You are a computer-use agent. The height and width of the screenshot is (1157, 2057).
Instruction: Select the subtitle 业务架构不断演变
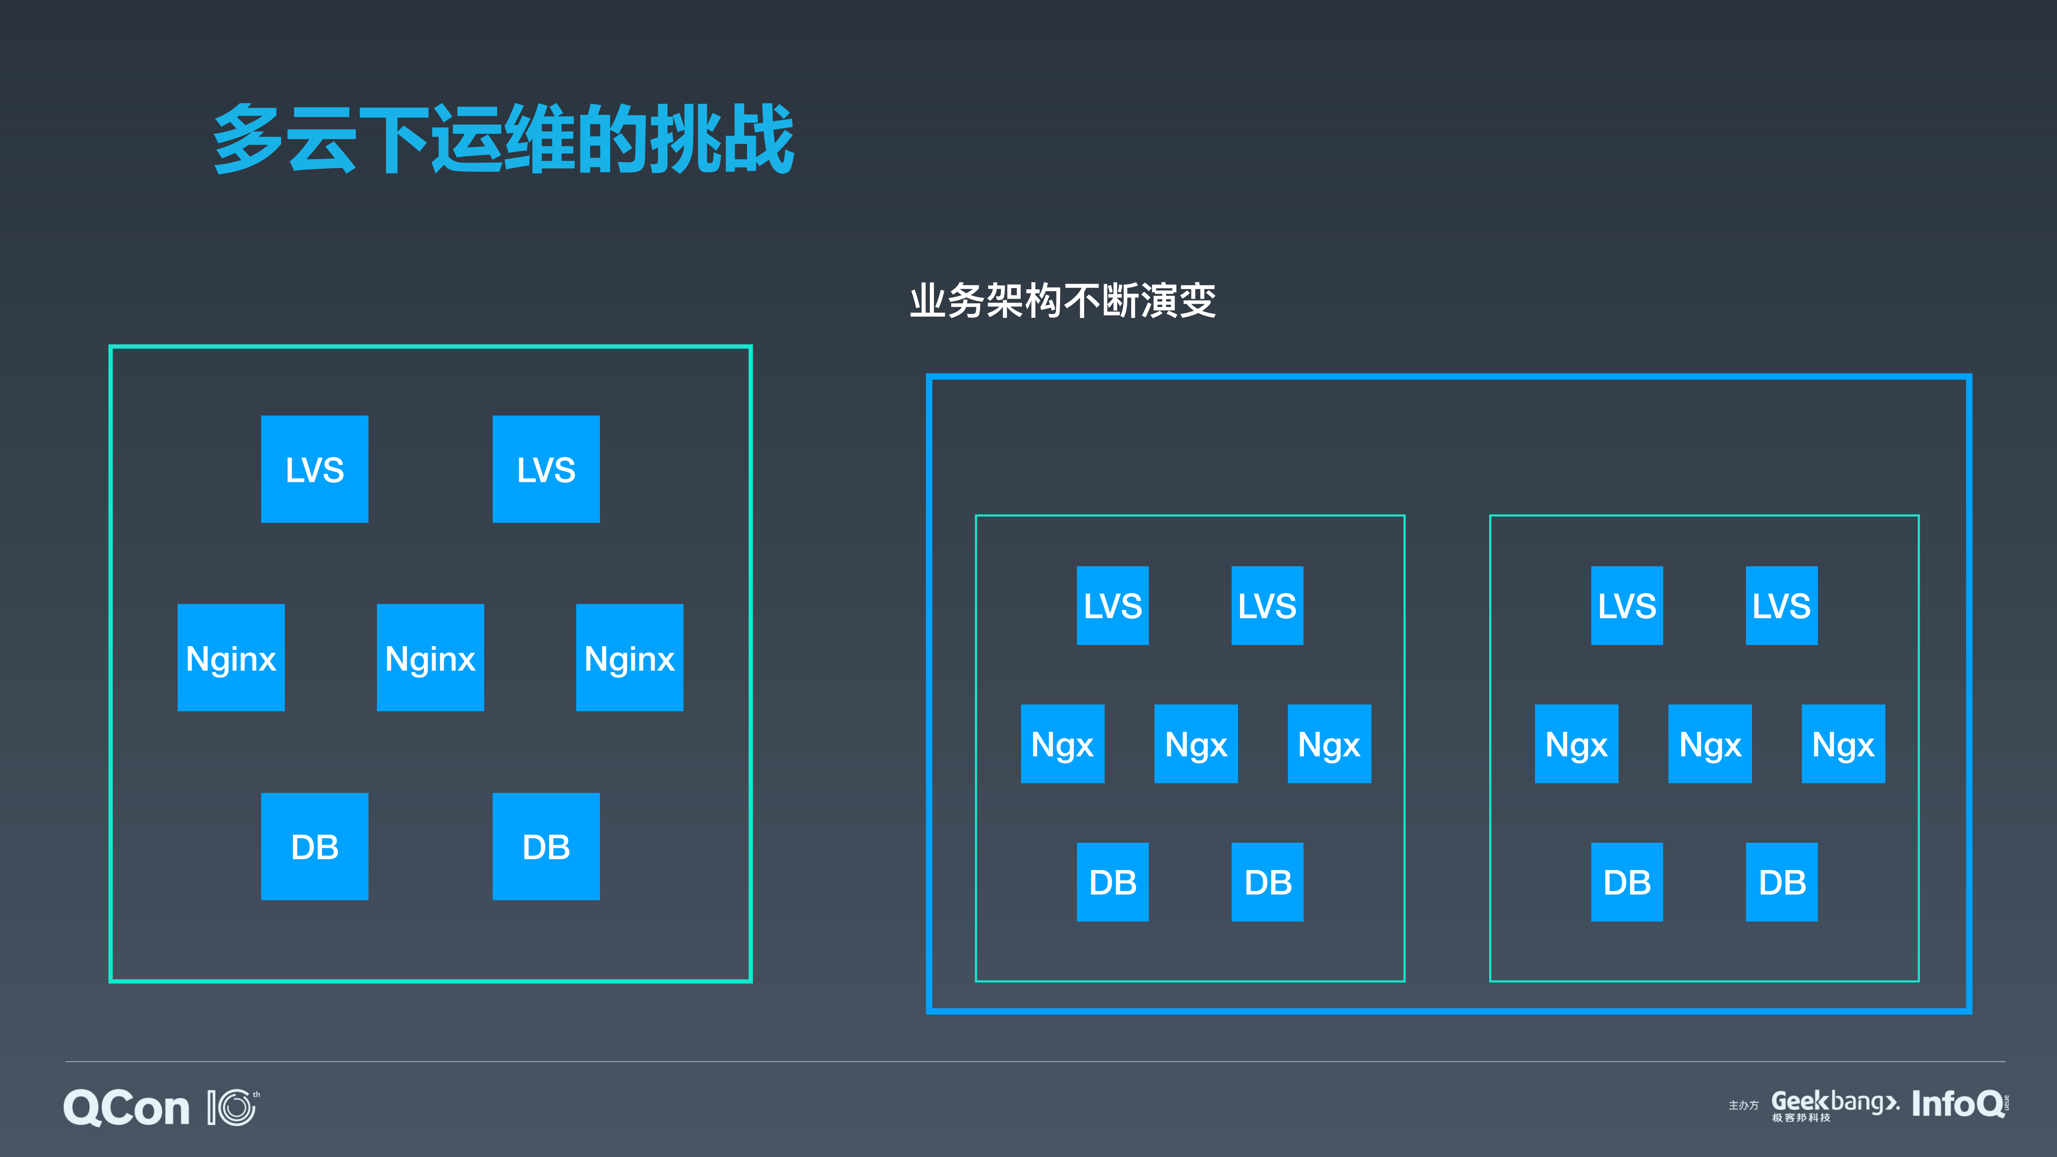point(1062,301)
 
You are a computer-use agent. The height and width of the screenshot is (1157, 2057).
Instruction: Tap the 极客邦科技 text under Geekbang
point(1801,1118)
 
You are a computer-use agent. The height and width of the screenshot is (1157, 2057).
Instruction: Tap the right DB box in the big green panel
point(546,846)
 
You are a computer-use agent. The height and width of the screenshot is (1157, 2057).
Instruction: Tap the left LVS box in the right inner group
point(1627,605)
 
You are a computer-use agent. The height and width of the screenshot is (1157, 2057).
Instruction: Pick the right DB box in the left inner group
point(1267,882)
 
